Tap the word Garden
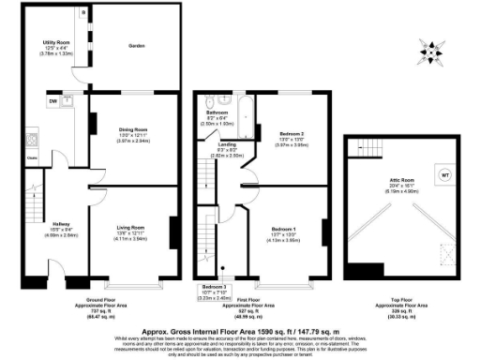coord(138,44)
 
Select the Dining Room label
coord(134,128)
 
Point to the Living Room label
coord(130,228)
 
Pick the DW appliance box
coord(54,99)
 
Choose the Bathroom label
coord(217,112)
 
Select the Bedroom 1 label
coord(284,229)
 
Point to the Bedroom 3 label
coord(215,286)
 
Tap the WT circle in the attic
coord(444,174)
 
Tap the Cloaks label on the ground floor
coord(32,158)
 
